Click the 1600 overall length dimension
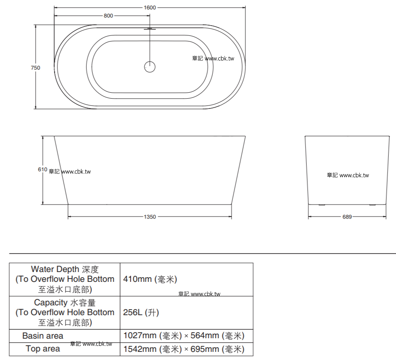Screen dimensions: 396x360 [150, 8]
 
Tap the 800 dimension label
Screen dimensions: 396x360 [109, 16]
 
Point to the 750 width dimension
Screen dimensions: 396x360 [35, 67]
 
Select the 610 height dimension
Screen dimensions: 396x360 [42, 170]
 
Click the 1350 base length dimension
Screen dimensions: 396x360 [150, 217]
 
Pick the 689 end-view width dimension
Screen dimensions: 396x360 [347, 217]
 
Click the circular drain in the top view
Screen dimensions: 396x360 [150, 67]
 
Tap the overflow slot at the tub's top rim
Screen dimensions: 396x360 [150, 29]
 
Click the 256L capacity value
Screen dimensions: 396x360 [141, 313]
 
